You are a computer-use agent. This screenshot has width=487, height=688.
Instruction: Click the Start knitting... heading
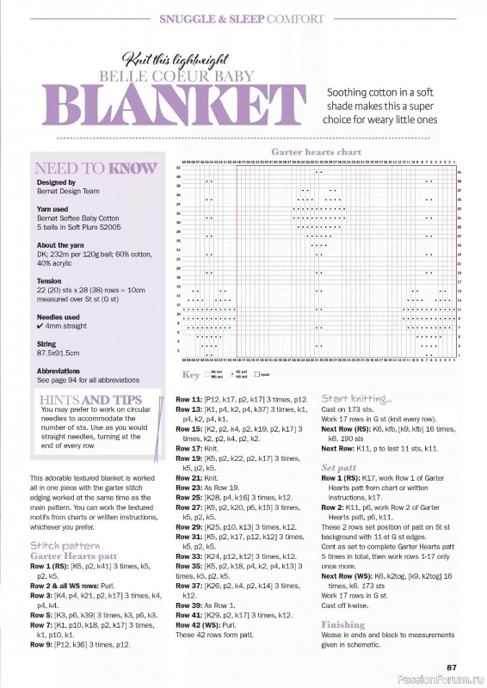[x=356, y=399]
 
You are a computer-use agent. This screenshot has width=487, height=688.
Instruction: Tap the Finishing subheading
[x=342, y=624]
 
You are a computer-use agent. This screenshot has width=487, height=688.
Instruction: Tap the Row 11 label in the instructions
[x=188, y=400]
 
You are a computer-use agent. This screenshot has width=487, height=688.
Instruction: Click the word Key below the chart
[x=190, y=375]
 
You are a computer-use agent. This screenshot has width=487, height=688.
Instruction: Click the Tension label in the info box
[x=49, y=280]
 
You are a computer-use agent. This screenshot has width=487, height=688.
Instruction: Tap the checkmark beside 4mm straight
[x=40, y=327]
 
